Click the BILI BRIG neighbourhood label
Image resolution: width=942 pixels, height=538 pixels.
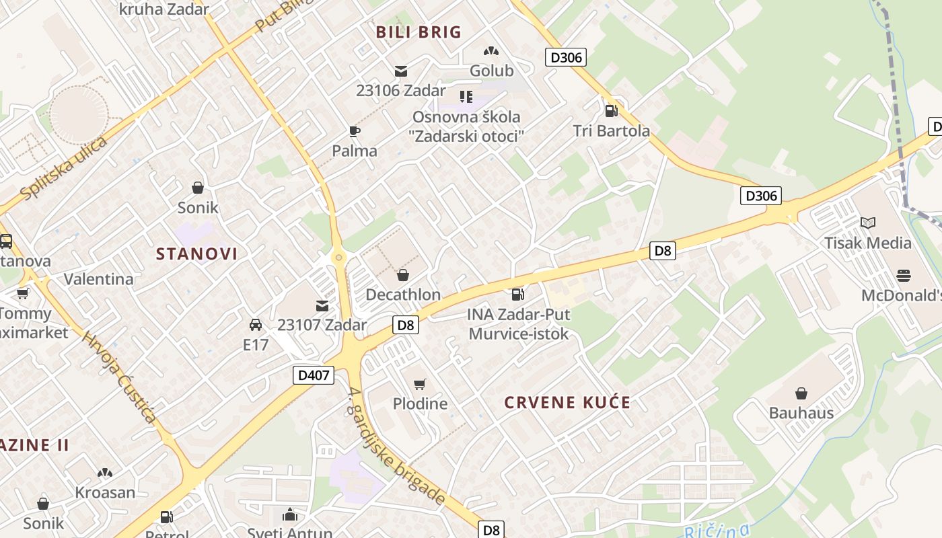419,32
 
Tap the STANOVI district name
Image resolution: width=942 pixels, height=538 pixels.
197,254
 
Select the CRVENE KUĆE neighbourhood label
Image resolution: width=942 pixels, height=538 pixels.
568,403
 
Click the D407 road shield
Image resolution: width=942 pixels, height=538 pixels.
314,375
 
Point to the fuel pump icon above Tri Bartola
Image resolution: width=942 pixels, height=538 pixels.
611,111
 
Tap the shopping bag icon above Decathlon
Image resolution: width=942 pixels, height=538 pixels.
402,275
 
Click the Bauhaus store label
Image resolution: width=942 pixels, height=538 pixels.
801,413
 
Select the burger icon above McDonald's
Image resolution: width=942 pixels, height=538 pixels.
904,276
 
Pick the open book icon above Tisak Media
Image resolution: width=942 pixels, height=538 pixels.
868,223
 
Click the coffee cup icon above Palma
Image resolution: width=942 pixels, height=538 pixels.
355,131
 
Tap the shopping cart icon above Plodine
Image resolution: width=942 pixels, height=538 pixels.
420,384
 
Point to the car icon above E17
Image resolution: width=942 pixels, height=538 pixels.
256,325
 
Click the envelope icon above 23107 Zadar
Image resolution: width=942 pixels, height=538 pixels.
322,305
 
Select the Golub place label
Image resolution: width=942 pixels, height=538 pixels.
491,71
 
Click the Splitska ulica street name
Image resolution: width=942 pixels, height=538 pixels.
64,168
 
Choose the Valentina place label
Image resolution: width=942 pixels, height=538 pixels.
99,278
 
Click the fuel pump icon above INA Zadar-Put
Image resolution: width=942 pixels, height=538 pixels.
517,294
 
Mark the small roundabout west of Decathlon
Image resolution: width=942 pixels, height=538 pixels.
338,257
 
